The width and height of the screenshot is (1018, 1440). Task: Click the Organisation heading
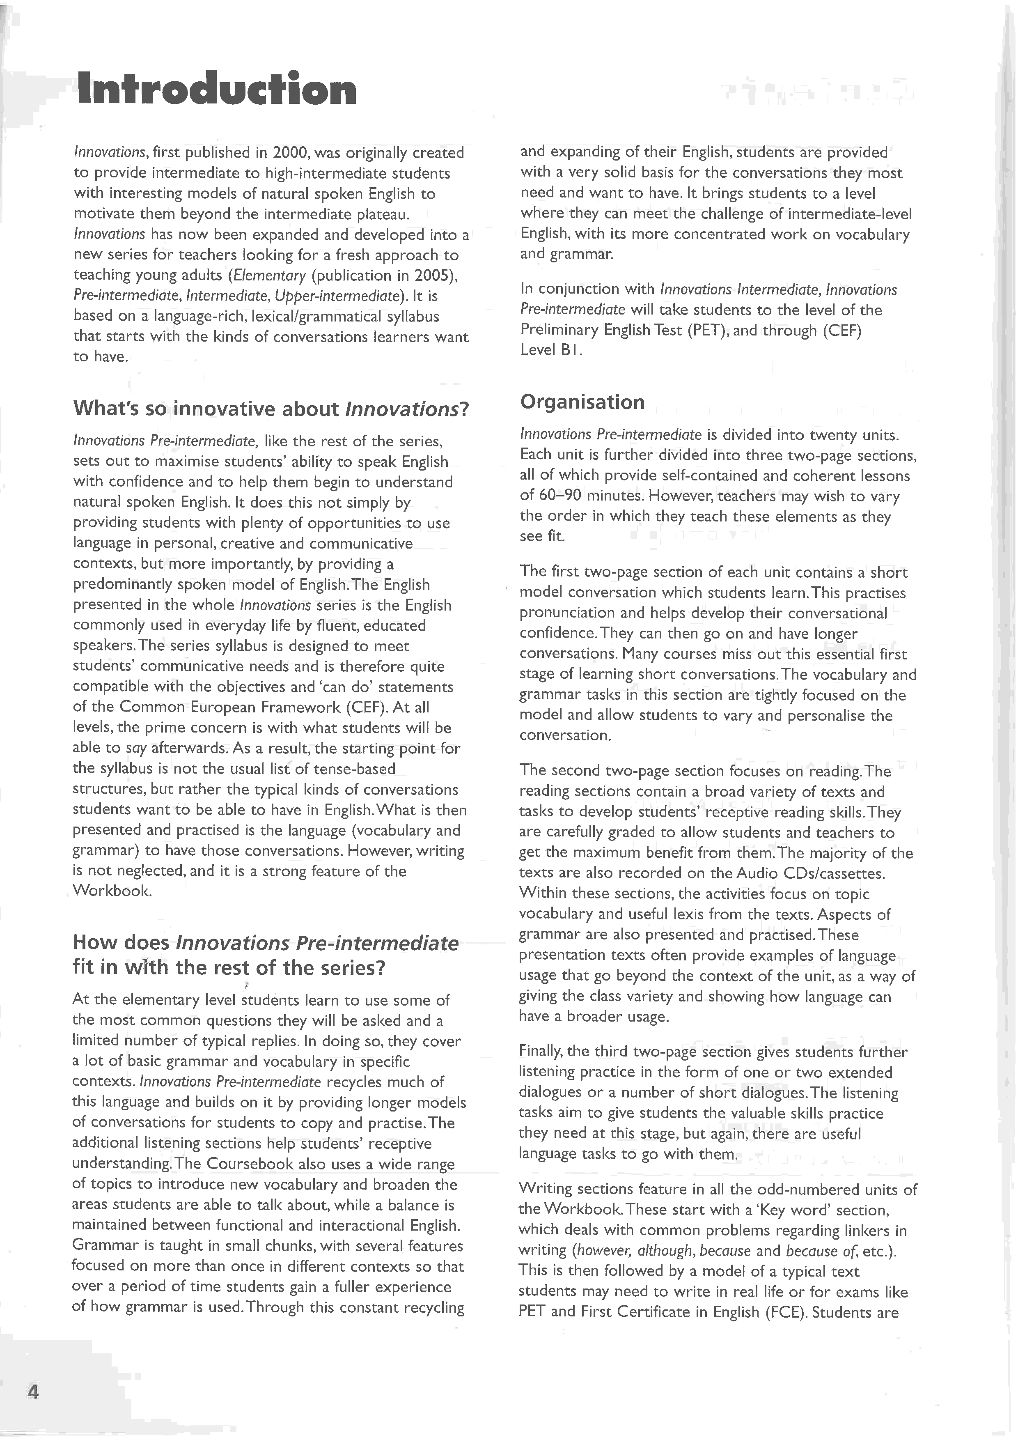click(582, 402)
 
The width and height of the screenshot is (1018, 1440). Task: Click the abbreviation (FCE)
click(785, 1312)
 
